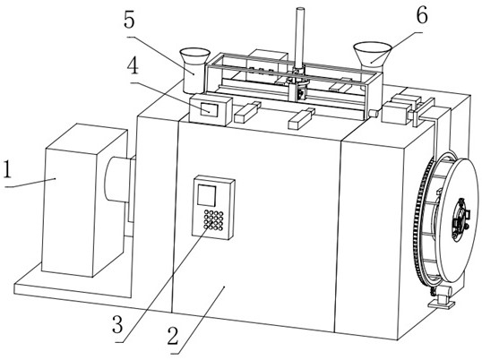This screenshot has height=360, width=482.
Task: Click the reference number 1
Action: tap(7, 169)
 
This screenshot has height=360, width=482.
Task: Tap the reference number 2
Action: tap(173, 336)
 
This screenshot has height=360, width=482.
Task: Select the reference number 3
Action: tap(117, 324)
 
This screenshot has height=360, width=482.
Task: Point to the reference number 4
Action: tap(133, 65)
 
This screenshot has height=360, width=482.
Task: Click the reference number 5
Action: tap(129, 20)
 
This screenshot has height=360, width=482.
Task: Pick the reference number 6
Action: tap(422, 15)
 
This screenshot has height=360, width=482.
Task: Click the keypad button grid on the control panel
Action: tap(213, 220)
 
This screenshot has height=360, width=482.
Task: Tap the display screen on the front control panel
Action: tap(207, 195)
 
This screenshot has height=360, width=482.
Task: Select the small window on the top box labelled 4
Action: tap(210, 110)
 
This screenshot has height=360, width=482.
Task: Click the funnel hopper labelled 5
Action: tap(194, 71)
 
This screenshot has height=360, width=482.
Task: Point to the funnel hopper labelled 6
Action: tap(373, 57)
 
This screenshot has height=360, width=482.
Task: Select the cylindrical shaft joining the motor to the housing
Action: tap(116, 179)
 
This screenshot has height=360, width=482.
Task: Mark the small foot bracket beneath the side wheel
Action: tap(442, 297)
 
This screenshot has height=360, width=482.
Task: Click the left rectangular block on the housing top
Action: tap(247, 113)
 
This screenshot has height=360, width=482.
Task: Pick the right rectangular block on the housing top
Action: tap(301, 118)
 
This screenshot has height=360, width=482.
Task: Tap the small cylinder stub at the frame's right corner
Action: tap(373, 114)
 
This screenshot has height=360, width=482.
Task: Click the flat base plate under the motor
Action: tap(73, 287)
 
